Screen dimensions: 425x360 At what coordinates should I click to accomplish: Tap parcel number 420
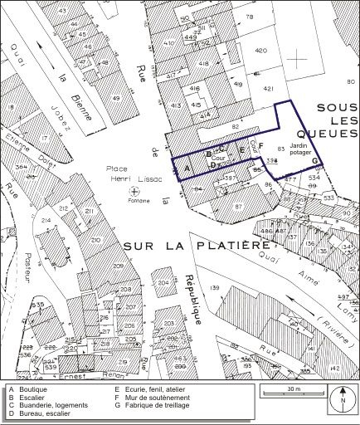[262, 51]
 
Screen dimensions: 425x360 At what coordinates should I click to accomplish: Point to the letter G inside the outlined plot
[315, 160]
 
